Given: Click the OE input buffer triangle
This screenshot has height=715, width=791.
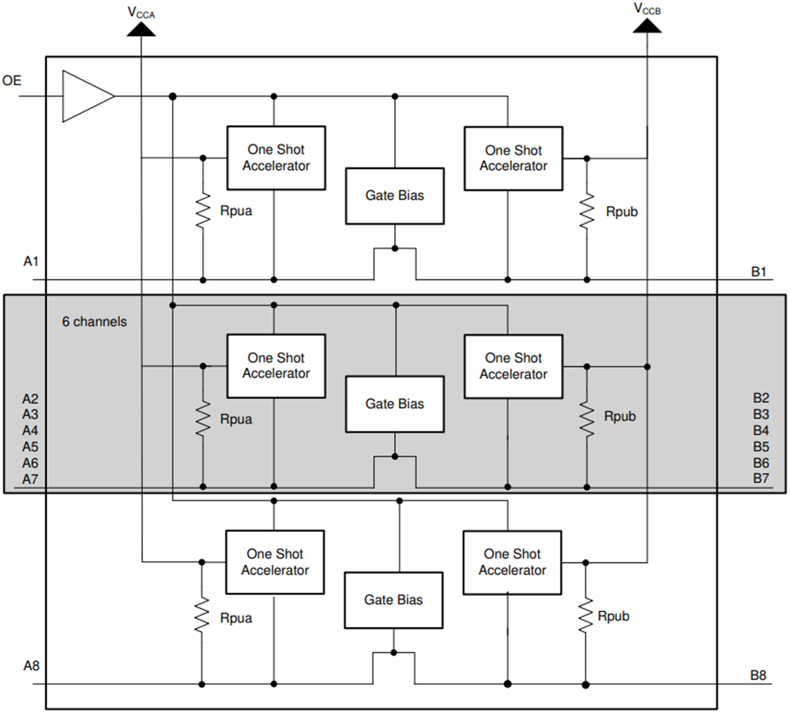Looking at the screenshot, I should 85,96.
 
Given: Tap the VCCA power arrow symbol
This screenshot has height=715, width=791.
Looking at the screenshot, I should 140,27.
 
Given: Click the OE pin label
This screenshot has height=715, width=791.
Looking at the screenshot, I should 12,80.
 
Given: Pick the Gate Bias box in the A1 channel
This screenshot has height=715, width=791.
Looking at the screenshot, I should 395,195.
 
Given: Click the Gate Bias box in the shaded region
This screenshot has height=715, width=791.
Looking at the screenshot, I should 395,404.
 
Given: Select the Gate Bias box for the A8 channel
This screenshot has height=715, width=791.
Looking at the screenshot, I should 393,600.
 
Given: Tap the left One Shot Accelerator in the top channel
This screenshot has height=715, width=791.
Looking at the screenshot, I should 276,158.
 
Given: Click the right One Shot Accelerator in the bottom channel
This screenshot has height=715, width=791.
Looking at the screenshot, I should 512,562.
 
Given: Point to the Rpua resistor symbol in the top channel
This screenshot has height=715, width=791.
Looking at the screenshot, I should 204,211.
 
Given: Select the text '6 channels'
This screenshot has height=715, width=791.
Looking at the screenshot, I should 94,322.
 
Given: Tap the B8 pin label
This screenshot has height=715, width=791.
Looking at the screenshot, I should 759,675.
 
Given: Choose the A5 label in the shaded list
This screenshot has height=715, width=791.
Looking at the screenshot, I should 30,446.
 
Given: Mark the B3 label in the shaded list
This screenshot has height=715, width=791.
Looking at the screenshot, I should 761,415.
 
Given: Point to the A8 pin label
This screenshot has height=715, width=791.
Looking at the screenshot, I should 31,666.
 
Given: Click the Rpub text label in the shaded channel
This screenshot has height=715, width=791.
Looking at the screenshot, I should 620,417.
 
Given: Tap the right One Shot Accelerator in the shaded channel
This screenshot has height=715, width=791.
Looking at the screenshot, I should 513,366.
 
